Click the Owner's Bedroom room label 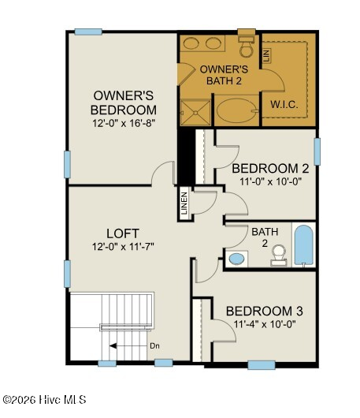click(x=124, y=103)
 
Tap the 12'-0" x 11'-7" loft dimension click(x=123, y=247)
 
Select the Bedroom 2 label click(x=270, y=169)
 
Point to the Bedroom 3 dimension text click(x=265, y=324)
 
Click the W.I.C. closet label click(x=284, y=104)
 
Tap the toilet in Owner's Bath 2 click(x=247, y=47)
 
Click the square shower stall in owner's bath click(x=195, y=112)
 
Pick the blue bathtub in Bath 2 click(x=304, y=245)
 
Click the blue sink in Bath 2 click(x=236, y=259)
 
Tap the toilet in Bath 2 click(x=279, y=255)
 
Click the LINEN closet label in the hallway click(x=184, y=203)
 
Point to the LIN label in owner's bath click(x=267, y=55)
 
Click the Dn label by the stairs click(x=154, y=346)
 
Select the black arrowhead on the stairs click(x=113, y=346)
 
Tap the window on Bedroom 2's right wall click(x=317, y=151)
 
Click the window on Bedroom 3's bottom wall click(x=262, y=365)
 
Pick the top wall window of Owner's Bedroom click(x=88, y=32)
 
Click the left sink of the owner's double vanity click(x=191, y=43)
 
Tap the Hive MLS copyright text click(x=44, y=400)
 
